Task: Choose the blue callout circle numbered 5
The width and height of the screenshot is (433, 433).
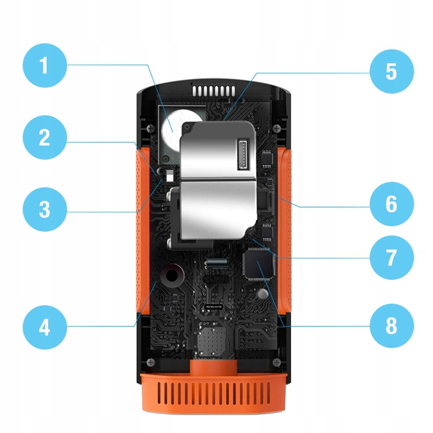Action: (x=391, y=72)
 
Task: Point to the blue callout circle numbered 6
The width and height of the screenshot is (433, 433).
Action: (x=391, y=205)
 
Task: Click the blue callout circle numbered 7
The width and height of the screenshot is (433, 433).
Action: (x=391, y=258)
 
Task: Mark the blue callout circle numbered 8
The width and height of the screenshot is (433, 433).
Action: (x=391, y=326)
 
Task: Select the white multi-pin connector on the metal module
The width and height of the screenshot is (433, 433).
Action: (x=242, y=153)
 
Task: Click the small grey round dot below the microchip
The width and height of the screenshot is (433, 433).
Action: (x=263, y=294)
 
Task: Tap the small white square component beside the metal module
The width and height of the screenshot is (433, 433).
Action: (x=169, y=175)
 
